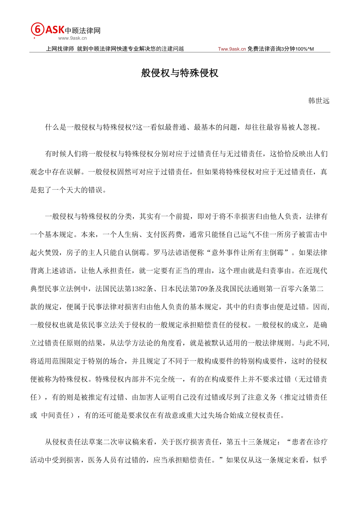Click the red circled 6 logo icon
[x=37, y=30]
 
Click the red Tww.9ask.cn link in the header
[x=232, y=49]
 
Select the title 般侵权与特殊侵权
[x=180, y=73]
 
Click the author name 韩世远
[x=319, y=101]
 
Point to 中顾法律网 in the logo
[x=83, y=30]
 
